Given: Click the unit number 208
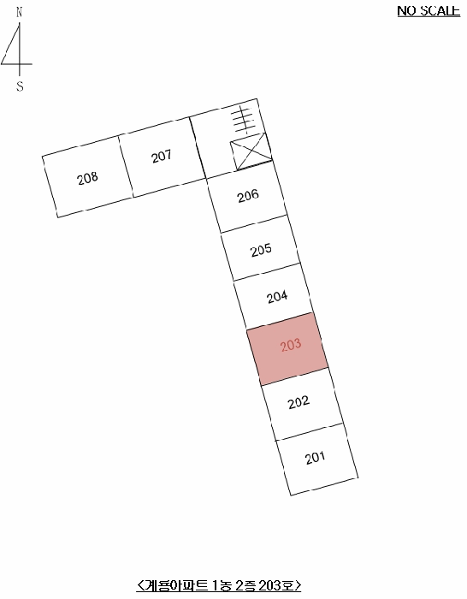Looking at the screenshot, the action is pos(87,178).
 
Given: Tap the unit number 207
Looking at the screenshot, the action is pos(161,157).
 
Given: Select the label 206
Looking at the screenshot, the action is pos(248,196).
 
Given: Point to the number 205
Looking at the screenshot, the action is pos(261,250).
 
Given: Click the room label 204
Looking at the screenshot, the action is pos(277,297).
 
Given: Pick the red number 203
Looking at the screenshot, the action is pos(291,346).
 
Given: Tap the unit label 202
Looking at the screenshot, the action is pos(299,402).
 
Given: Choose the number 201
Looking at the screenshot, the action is pos(315,458).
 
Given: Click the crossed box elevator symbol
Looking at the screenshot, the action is pos(251,151).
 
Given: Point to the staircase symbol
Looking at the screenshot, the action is pos(244,120).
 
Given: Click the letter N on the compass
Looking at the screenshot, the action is pos(20,12).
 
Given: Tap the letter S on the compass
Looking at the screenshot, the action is pos(20,86).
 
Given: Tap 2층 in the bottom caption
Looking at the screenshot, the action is pos(245,584).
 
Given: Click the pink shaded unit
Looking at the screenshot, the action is pos(287,349).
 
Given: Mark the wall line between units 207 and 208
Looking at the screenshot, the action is pos(126,166).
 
